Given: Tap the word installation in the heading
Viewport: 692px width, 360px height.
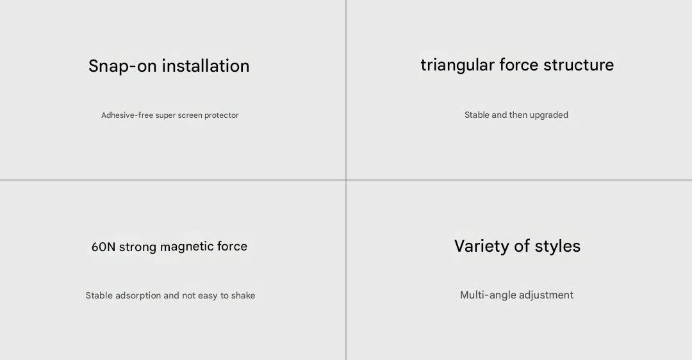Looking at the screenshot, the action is (x=206, y=66).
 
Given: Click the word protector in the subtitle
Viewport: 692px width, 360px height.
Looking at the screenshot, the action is (x=221, y=115).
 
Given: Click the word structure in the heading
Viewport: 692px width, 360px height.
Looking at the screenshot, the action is (x=579, y=65).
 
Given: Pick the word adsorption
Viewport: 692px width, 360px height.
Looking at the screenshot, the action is (x=138, y=295).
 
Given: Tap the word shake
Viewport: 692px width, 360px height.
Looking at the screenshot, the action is (x=243, y=295).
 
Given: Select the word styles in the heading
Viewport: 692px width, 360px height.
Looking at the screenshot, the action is (x=557, y=246).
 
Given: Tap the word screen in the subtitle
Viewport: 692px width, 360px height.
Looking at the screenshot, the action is (x=190, y=115).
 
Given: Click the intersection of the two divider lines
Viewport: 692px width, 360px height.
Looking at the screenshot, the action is (x=346, y=180).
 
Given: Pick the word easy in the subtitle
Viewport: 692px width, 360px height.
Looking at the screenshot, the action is (x=208, y=296).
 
